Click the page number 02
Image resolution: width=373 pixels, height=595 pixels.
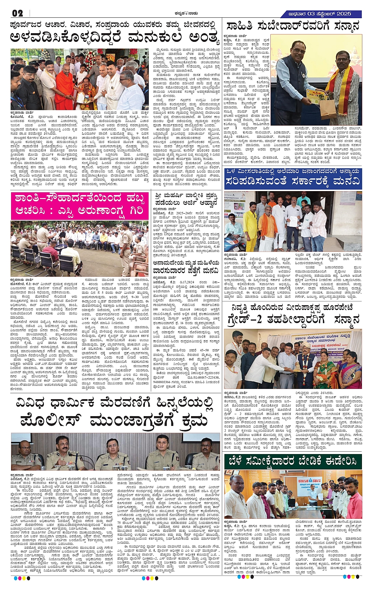[17, 13]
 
